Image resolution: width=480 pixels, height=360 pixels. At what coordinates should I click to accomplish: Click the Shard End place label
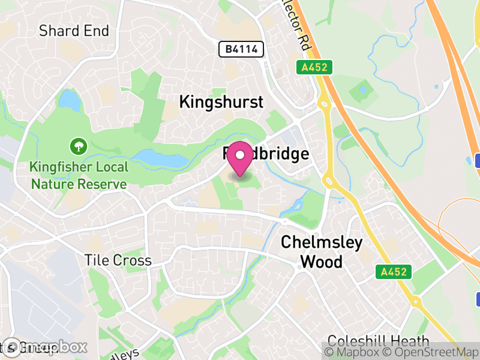coord(74,31)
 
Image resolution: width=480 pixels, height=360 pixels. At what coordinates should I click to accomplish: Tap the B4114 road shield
coord(241,50)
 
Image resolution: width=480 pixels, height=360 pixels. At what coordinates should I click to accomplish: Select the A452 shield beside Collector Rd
coord(314,67)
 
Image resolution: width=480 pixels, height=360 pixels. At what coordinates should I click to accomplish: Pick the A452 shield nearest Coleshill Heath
coord(394,272)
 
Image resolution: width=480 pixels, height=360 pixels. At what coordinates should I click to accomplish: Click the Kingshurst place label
coord(221,102)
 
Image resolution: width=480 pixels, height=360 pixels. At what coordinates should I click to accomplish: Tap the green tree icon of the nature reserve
coord(78,145)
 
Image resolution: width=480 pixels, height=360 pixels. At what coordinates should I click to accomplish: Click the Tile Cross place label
coord(118,260)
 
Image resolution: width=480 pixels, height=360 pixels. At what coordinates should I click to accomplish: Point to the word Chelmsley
coord(322,243)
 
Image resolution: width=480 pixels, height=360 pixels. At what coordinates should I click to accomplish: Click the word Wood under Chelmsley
coord(322,262)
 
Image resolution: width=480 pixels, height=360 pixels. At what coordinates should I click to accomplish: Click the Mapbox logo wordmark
coord(45,347)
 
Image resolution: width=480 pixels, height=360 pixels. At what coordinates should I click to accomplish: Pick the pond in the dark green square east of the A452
coord(362,91)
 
